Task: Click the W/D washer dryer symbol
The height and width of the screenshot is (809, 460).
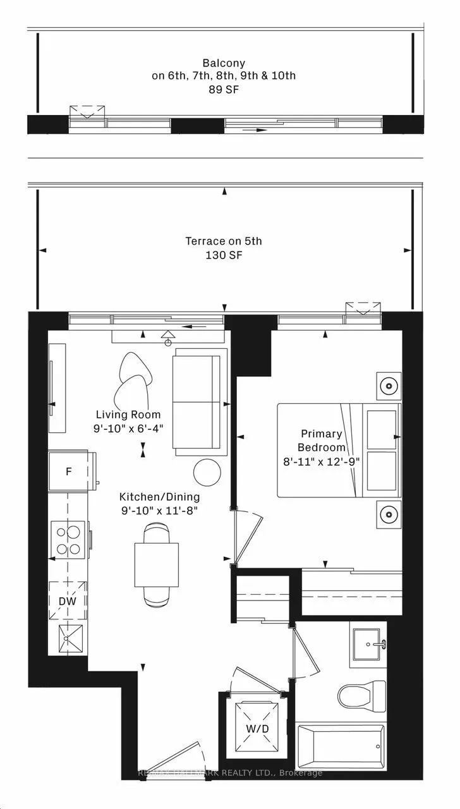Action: pos(257,720)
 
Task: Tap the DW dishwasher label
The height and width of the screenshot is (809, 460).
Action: pos(68,601)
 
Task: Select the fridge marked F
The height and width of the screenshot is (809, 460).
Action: pos(69,471)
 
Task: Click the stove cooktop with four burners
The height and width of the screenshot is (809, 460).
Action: pos(69,540)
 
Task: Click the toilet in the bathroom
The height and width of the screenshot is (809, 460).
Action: pos(361,694)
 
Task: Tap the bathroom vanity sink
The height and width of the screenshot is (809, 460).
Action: pos(368,647)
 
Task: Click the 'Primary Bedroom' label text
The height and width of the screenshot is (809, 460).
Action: pos(321,440)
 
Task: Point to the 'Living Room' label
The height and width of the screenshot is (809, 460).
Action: pos(128,415)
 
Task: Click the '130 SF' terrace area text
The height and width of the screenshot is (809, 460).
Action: pos(223,255)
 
